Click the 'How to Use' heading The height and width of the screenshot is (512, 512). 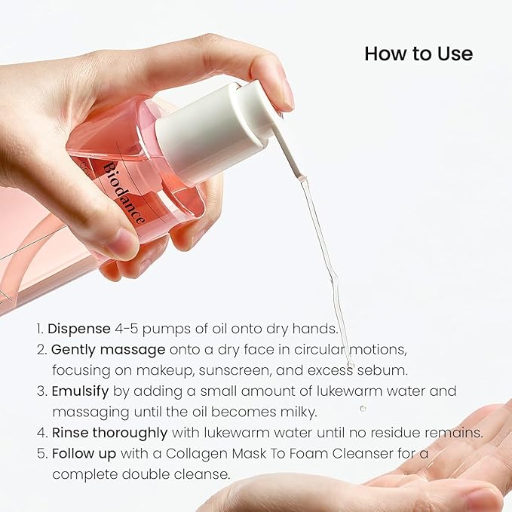point(418,54)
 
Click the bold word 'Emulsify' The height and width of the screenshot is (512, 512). point(81,391)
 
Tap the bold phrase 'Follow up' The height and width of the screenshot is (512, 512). point(82,453)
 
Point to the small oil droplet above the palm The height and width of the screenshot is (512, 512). point(363,408)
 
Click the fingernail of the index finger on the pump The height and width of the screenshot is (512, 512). point(287,94)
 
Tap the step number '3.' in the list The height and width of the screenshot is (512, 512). point(41,391)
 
